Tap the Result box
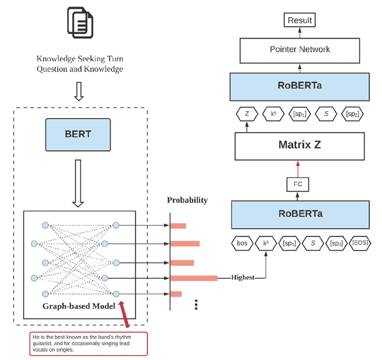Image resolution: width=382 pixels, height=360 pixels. point(300,20)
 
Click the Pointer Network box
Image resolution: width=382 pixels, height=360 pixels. point(300,50)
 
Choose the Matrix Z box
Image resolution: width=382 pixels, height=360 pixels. point(300,144)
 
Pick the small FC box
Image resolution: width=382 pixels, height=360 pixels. point(298,184)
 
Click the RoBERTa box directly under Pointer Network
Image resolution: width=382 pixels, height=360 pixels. point(300,85)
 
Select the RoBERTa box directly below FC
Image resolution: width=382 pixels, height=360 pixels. point(300,214)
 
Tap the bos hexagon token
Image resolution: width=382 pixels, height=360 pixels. point(242,244)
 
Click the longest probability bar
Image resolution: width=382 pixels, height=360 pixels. point(194,278)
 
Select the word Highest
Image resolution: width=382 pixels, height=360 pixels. point(243,278)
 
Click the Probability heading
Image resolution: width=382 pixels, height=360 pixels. point(187,200)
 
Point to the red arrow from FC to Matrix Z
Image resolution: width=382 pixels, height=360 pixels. point(298,168)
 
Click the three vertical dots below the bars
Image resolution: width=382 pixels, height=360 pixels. point(196,304)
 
